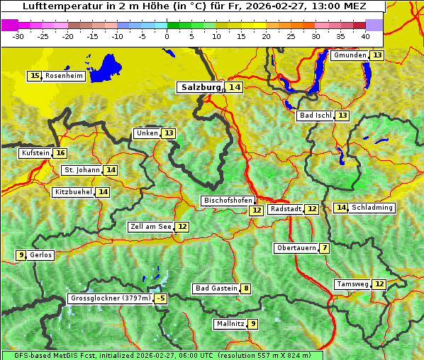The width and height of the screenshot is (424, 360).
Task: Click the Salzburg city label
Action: point(201,87)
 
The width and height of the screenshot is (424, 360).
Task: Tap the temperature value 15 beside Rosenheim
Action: point(34,76)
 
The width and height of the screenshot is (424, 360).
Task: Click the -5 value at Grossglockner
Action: point(161,298)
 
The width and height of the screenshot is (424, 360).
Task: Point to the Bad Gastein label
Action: point(216,288)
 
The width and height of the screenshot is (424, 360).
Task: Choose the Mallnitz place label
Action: point(230,324)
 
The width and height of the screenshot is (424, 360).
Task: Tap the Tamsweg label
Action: point(352,284)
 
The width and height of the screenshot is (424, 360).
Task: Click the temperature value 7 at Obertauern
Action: point(324,248)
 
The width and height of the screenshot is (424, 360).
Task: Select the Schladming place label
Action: point(372,208)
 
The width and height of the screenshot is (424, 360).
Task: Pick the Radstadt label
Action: point(286,209)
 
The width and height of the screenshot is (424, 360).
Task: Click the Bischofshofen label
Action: point(228,201)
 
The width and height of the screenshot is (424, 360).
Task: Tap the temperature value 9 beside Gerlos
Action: point(21,255)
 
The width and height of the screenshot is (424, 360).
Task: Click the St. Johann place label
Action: point(82,170)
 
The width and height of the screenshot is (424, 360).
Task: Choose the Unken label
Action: point(147,133)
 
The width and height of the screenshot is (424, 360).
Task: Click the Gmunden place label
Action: point(349,55)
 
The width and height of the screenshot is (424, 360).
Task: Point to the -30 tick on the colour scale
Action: point(18,36)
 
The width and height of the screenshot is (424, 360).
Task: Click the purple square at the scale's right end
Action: point(374,25)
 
